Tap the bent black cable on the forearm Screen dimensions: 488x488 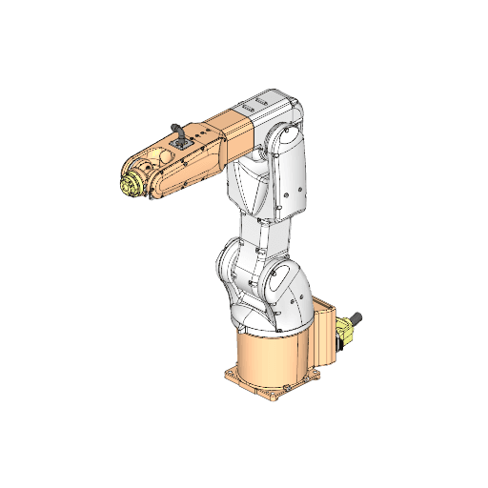pyautogui.click(x=176, y=130)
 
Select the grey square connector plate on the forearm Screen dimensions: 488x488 pyautogui.click(x=181, y=148)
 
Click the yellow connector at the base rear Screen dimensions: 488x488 pyautogui.click(x=346, y=331)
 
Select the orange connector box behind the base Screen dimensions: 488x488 pyautogui.click(x=326, y=334)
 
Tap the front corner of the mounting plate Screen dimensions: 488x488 pyautogui.click(x=271, y=398)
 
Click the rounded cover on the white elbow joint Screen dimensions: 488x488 pyautogui.click(x=281, y=140)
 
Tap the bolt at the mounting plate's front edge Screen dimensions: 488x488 pyautogui.click(x=280, y=388)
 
